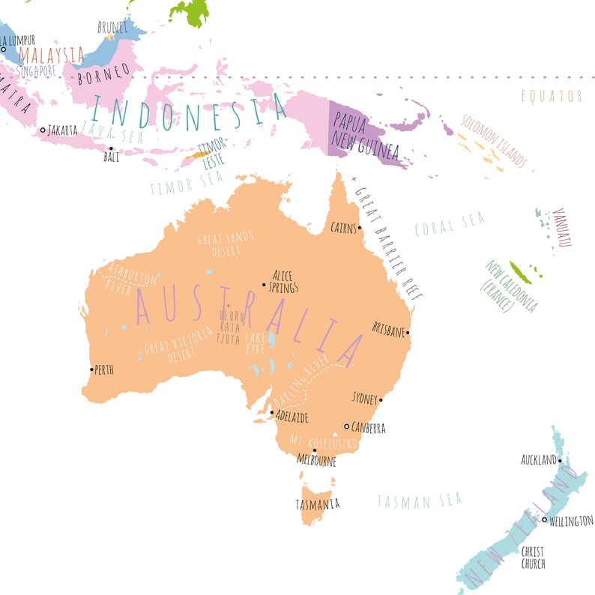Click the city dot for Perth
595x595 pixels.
(x=92, y=369)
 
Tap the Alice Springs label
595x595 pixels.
(x=286, y=281)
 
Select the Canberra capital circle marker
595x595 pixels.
(x=346, y=426)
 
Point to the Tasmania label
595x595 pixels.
(x=317, y=504)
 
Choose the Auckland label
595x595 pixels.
(x=538, y=459)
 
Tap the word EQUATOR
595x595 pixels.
(x=552, y=96)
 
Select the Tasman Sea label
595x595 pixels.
(x=419, y=500)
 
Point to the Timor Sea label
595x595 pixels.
(x=176, y=184)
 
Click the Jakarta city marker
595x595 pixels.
(x=43, y=130)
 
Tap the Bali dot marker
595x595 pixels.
(x=111, y=148)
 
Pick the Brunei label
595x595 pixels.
(x=112, y=27)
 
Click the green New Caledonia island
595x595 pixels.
(x=520, y=273)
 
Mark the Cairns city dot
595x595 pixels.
(x=360, y=227)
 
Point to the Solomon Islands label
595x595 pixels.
(x=494, y=140)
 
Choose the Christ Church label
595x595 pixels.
(x=534, y=558)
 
